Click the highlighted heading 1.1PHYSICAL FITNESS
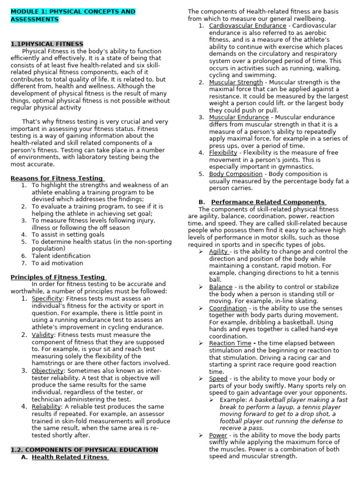(x=47, y=44)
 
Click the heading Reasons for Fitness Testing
(x=57, y=178)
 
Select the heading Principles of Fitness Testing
(x=58, y=277)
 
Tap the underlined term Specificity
(x=46, y=299)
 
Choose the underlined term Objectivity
(x=47, y=371)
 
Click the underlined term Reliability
(x=46, y=406)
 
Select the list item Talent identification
(x=61, y=256)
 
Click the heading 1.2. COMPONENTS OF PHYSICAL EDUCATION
(x=84, y=450)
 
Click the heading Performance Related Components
(x=268, y=202)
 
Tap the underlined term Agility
(x=218, y=252)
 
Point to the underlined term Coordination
(x=227, y=308)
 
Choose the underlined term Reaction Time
(x=230, y=343)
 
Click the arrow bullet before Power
(x=200, y=435)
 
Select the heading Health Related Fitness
(x=70, y=457)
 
